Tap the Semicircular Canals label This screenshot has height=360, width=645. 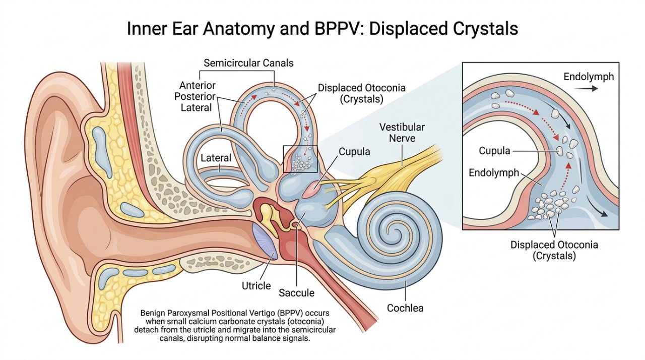248,63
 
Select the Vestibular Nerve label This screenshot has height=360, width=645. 402,133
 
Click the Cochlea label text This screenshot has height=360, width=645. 405,308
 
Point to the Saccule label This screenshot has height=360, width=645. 297,293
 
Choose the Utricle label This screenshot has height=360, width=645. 256,286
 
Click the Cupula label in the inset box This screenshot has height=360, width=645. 494,151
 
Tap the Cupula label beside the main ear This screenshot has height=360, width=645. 354,152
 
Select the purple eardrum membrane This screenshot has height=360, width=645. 265,241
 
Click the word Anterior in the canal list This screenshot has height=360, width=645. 197,86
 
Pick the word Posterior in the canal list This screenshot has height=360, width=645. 195,96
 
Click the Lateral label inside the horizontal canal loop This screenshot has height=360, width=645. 216,158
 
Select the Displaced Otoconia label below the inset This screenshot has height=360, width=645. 554,250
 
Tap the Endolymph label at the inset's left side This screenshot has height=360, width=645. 493,173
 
